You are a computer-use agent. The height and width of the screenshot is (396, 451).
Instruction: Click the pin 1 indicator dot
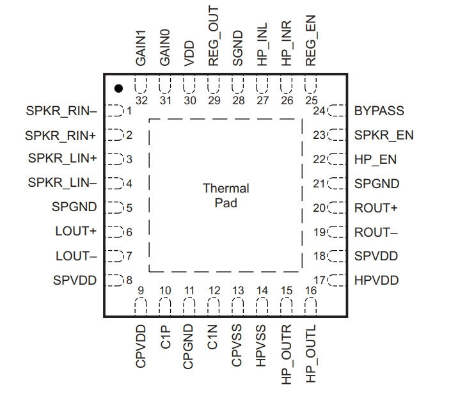(x=118, y=88)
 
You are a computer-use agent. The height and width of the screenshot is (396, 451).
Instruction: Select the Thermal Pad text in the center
(x=226, y=196)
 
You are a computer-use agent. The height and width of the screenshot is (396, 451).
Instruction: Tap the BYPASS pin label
(x=379, y=111)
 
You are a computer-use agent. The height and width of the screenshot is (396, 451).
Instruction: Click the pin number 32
(x=141, y=100)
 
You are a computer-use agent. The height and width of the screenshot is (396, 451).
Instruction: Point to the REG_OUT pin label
(x=214, y=36)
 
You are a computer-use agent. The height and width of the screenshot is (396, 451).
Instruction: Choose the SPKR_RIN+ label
(x=60, y=136)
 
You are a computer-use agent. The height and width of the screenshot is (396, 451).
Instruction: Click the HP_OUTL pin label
(x=311, y=354)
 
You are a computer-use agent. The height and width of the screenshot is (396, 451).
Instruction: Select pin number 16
(x=311, y=290)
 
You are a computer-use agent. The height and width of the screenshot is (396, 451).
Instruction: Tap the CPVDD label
(x=141, y=347)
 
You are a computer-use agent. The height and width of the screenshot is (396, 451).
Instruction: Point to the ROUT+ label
(x=376, y=208)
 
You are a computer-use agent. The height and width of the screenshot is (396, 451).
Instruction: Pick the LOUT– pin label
(x=76, y=256)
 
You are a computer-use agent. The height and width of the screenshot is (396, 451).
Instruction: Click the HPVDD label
(x=377, y=280)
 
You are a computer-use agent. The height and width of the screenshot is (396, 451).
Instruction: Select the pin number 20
(x=319, y=208)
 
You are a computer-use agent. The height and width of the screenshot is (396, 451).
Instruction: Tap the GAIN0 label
(x=165, y=48)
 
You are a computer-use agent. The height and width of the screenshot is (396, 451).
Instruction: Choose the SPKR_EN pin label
(x=384, y=135)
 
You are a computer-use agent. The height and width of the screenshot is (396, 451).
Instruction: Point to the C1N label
(x=212, y=337)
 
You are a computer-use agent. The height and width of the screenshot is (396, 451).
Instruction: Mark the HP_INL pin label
(x=262, y=44)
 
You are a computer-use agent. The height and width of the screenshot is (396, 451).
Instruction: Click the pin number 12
(x=214, y=290)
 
